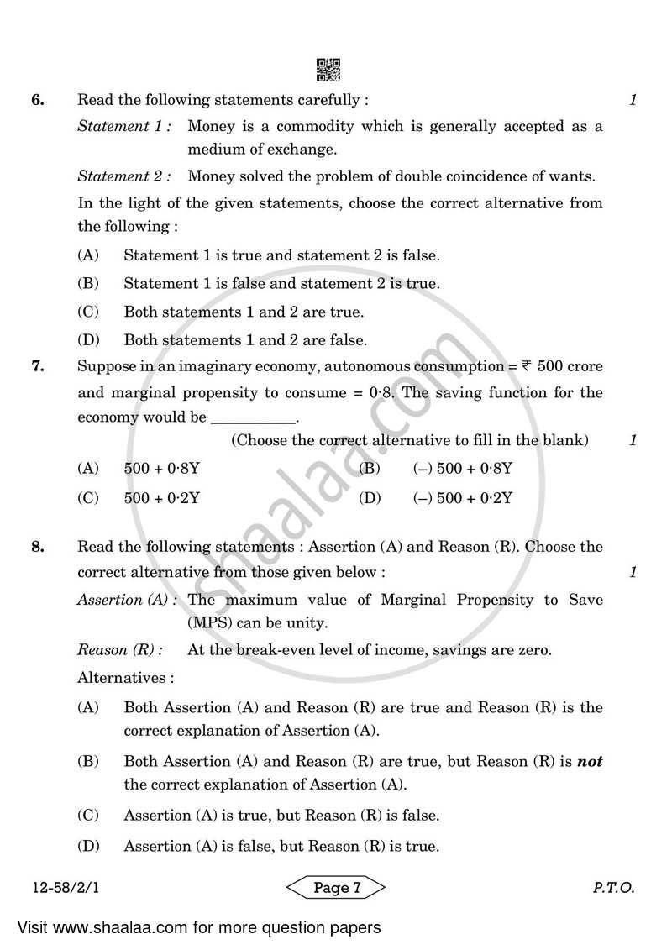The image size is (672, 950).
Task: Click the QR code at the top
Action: tap(328, 70)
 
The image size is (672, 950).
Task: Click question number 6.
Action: tap(37, 100)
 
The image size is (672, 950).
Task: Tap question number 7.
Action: tap(37, 366)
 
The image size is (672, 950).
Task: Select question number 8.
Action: tap(37, 547)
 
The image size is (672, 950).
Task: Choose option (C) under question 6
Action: tap(88, 312)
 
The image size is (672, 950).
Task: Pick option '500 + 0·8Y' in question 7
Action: tap(161, 468)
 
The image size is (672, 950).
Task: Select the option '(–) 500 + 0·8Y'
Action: tap(462, 468)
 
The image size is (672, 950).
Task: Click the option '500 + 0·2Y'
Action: tap(161, 498)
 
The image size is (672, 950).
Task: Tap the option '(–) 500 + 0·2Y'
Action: tap(462, 498)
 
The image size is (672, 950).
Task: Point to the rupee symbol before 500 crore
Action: tap(527, 366)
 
